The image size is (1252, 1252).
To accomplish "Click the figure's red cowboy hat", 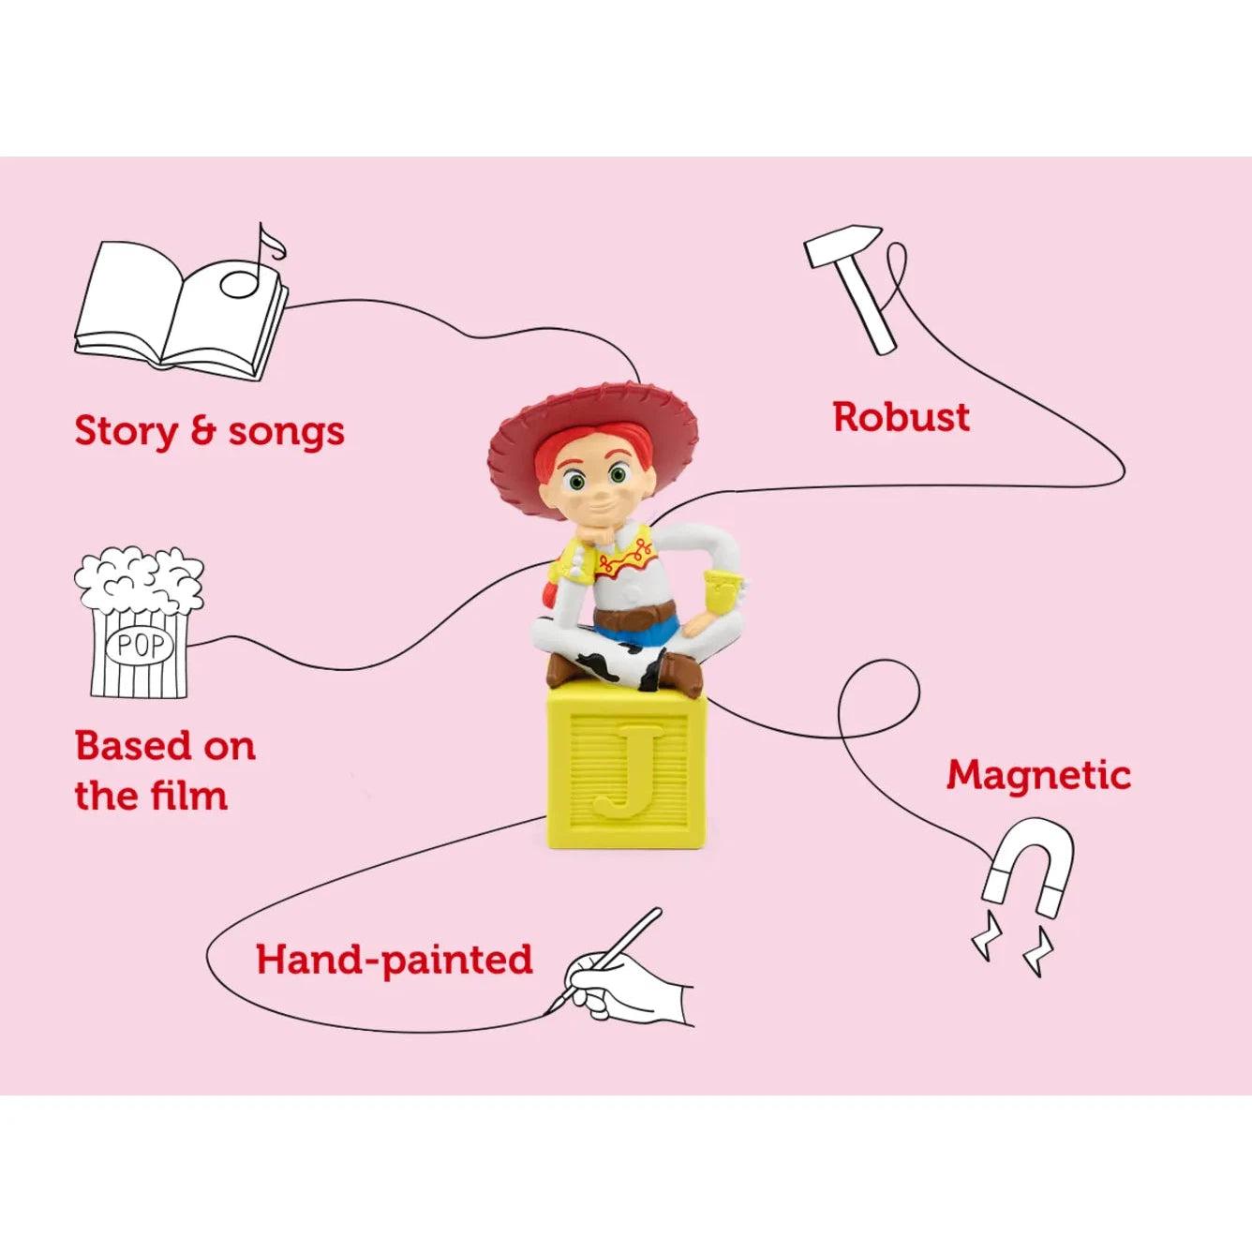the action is click(x=592, y=440).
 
